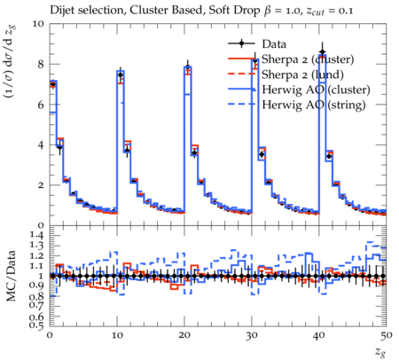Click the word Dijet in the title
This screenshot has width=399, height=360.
click(62, 11)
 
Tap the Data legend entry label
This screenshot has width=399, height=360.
click(274, 44)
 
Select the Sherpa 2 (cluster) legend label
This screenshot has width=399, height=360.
click(308, 59)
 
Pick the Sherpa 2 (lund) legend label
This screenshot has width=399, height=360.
click(302, 74)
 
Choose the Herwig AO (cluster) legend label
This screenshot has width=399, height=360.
click(316, 90)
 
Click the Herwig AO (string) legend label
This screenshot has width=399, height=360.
click(314, 105)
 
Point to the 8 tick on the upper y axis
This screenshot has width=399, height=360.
click(41, 64)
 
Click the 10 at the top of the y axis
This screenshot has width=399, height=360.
click(38, 24)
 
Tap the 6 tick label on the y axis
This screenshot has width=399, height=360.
click(41, 105)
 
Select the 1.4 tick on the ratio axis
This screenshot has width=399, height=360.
click(36, 235)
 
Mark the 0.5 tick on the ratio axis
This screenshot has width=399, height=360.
click(36, 325)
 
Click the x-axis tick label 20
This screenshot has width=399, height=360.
click(184, 335)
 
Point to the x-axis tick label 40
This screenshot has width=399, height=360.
click(319, 335)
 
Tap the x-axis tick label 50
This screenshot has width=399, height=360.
click(386, 335)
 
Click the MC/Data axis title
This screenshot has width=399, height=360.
click(12, 276)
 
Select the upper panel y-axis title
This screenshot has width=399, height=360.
click(11, 61)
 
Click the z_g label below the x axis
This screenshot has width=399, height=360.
click(381, 352)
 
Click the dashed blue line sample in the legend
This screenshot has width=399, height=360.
click(241, 104)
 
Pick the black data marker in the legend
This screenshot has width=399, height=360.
click(241, 43)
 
